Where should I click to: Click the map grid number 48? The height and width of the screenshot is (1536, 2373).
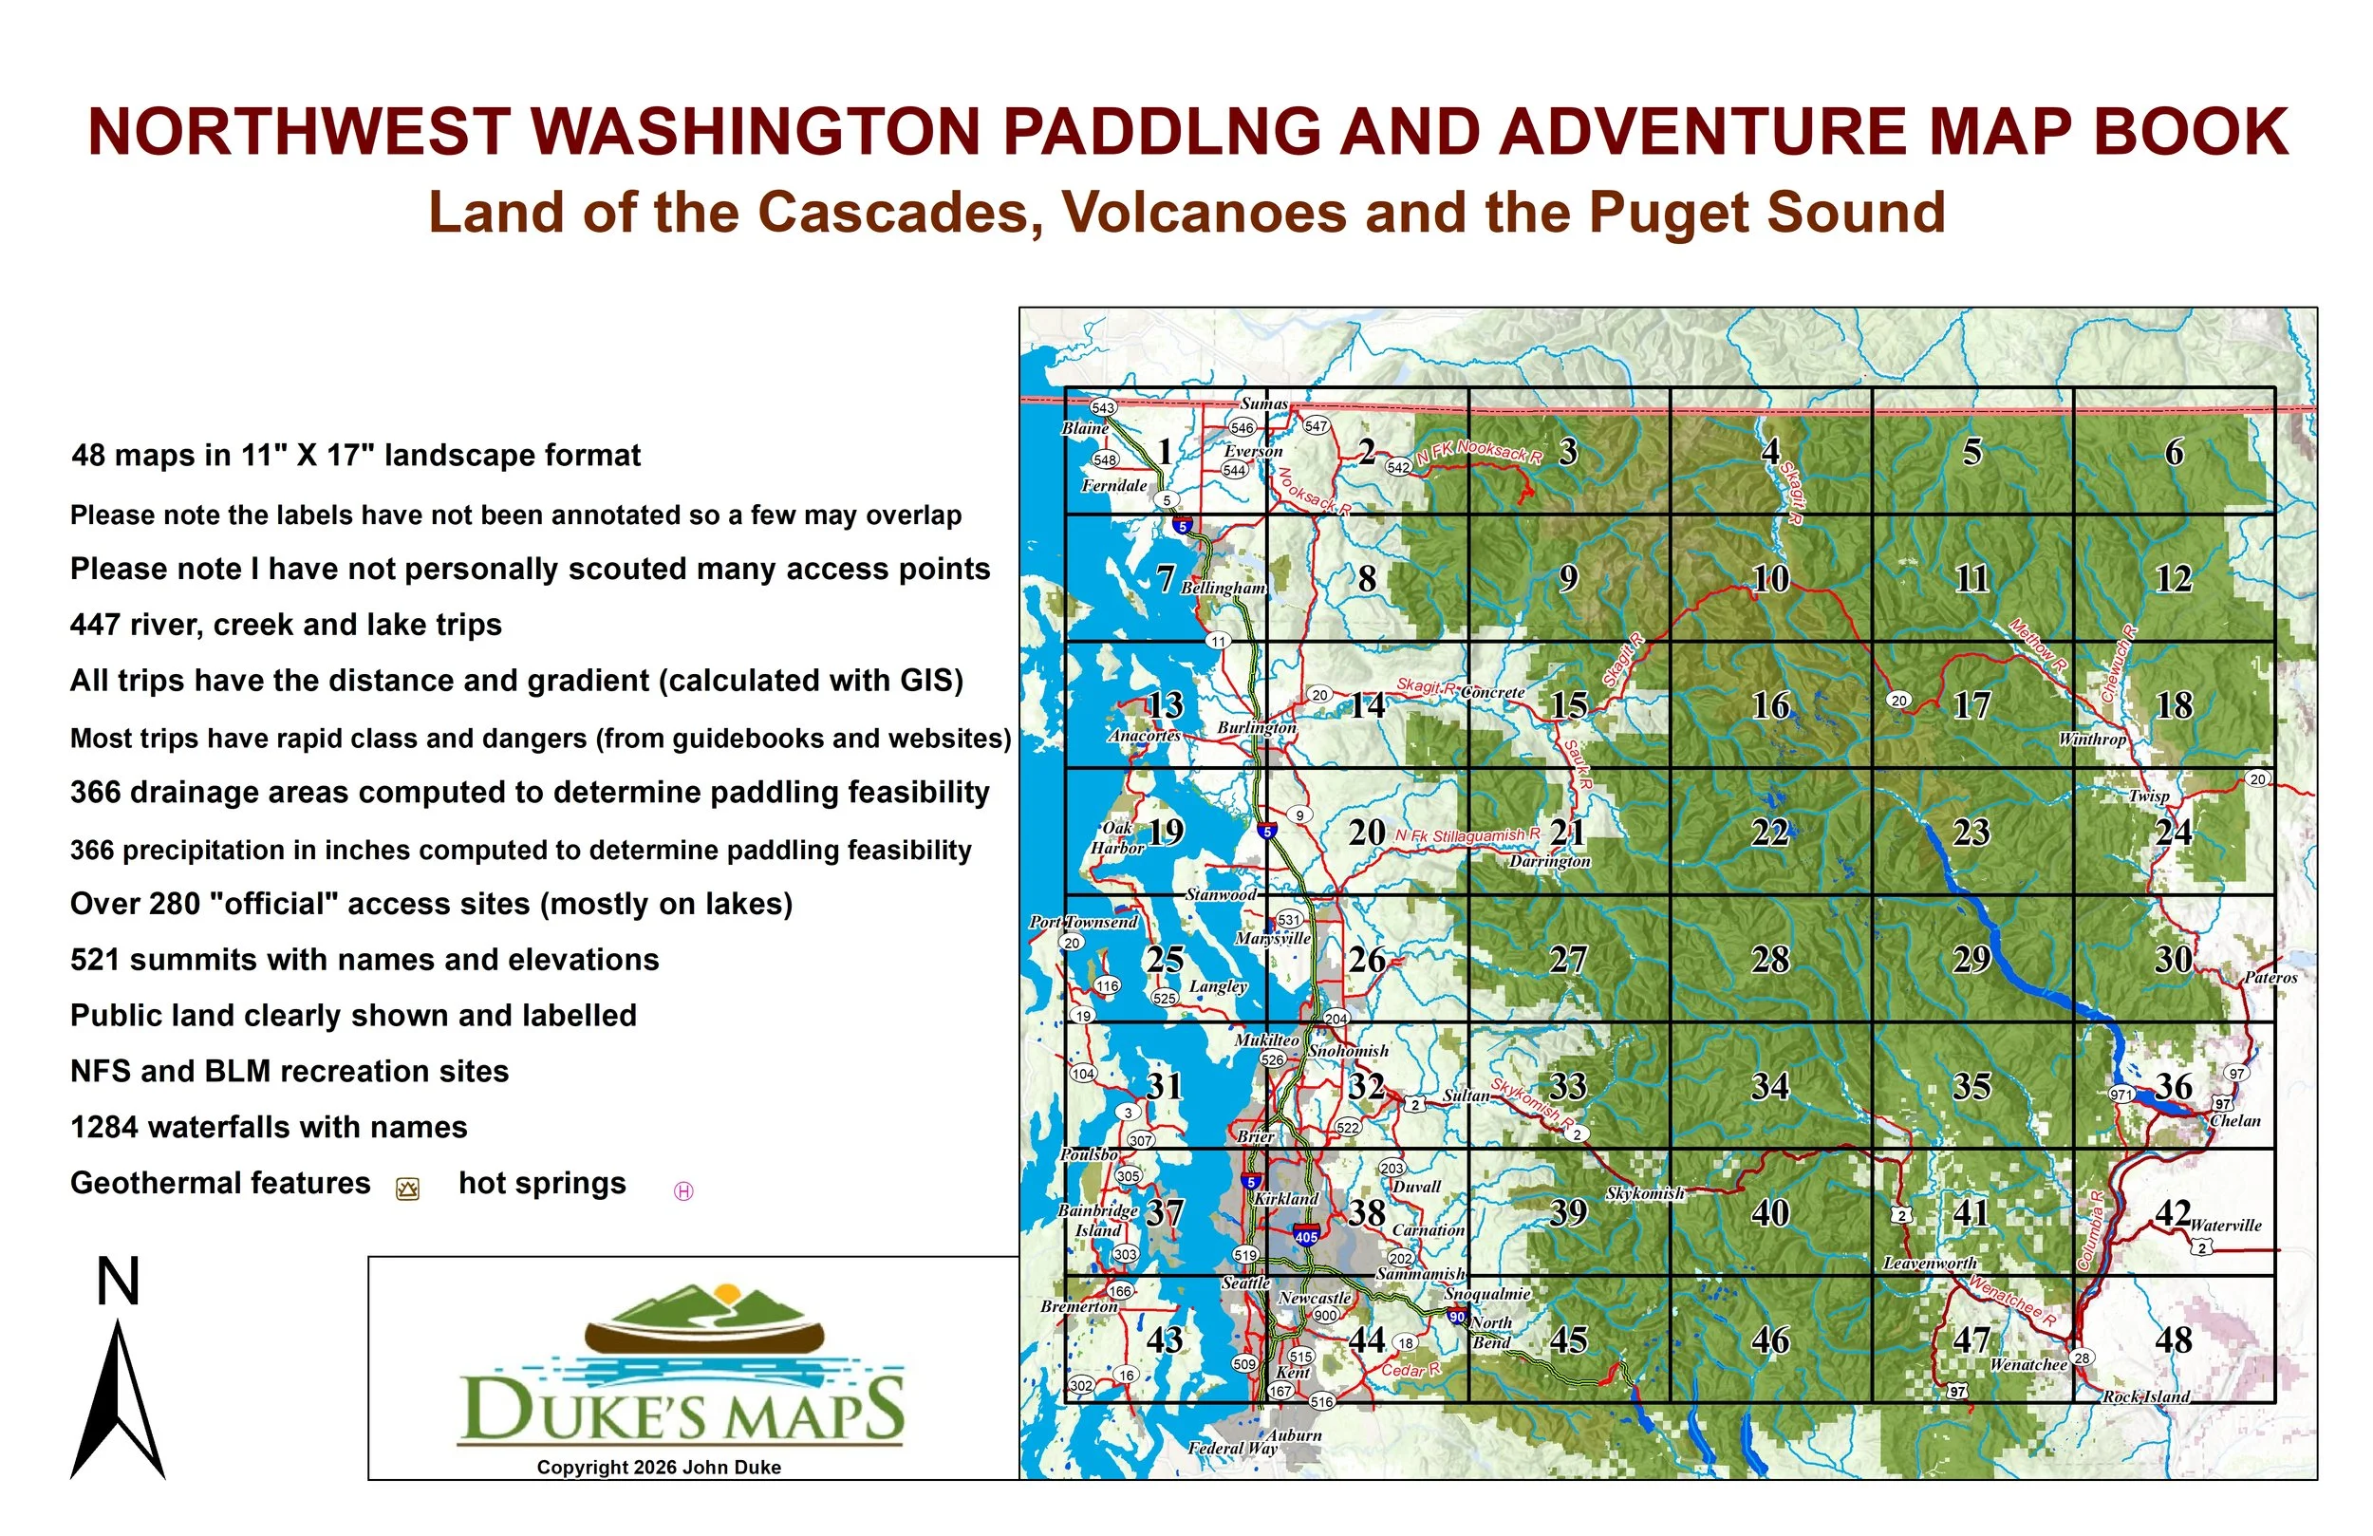click(2174, 1340)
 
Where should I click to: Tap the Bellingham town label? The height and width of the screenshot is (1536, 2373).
click(1224, 589)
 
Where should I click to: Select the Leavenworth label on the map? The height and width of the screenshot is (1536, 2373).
click(1930, 1264)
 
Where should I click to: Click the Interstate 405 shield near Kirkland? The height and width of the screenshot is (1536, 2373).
click(1306, 1235)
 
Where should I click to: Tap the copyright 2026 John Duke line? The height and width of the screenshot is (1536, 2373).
click(659, 1468)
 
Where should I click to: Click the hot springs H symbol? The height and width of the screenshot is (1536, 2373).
click(684, 1190)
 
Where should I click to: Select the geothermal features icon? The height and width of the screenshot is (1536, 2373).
click(408, 1189)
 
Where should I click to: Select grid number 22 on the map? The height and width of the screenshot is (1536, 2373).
click(1769, 833)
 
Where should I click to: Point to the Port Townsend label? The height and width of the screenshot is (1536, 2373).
click(1083, 922)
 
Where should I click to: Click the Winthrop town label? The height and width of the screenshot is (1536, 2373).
click(2093, 740)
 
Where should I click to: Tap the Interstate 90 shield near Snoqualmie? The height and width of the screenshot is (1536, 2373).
click(1458, 1318)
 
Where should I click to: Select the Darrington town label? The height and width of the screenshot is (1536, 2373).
click(1549, 861)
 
